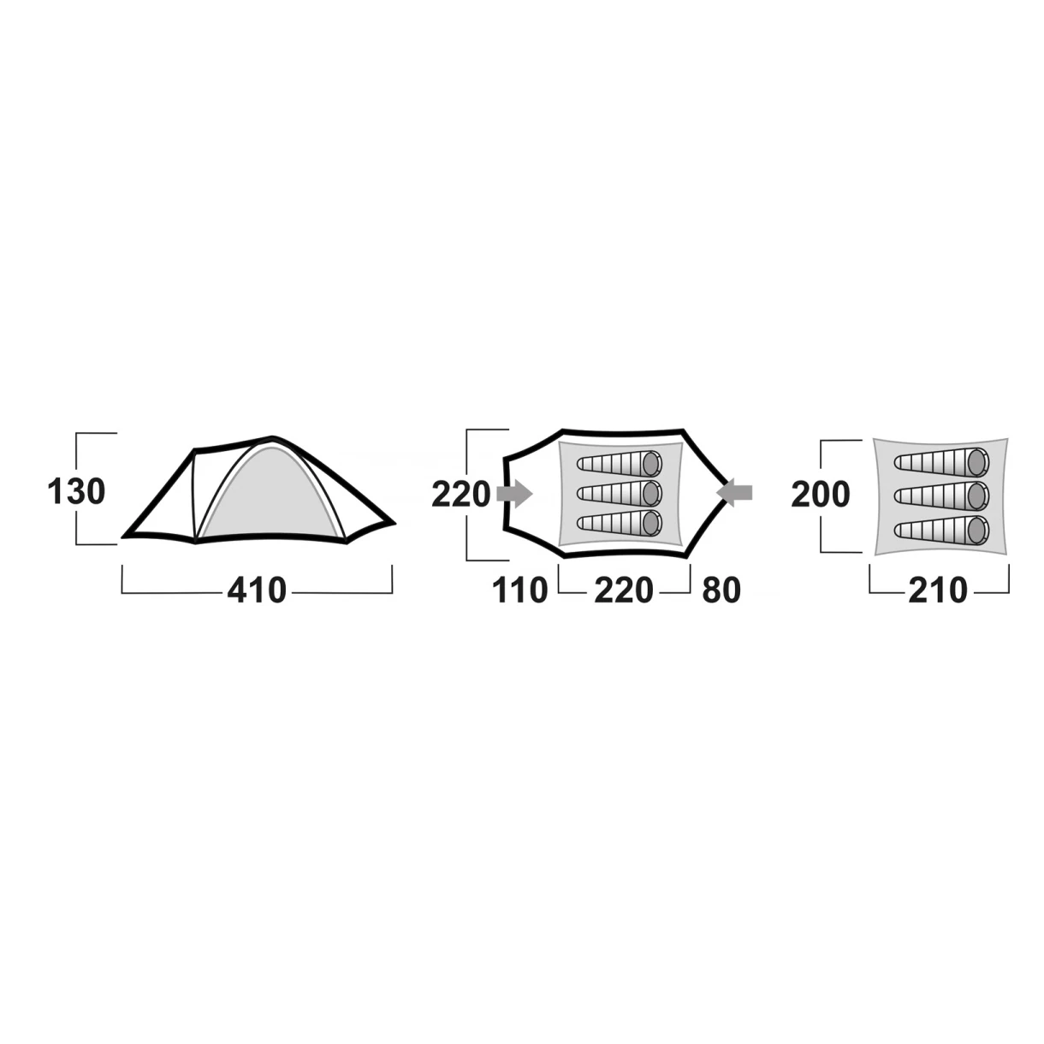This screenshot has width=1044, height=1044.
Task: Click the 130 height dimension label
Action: [76, 492]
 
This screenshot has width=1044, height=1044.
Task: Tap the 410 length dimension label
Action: [257, 590]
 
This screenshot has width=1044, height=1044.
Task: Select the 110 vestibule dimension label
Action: [519, 590]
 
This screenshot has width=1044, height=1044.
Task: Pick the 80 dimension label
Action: [721, 590]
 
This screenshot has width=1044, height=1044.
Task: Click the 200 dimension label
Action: [821, 494]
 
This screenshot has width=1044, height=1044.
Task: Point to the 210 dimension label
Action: [938, 590]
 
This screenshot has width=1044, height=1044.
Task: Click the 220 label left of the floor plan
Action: [461, 494]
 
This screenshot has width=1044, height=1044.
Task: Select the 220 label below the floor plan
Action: [624, 590]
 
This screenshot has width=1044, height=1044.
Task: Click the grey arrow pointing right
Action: [514, 493]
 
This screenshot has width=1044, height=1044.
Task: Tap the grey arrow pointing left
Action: [734, 492]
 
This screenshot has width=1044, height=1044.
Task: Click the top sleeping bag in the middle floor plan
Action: [620, 464]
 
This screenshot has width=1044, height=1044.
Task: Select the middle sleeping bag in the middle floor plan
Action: [620, 492]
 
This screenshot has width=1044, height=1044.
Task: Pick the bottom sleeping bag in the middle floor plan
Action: [620, 522]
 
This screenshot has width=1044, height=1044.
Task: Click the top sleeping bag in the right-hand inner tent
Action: [941, 462]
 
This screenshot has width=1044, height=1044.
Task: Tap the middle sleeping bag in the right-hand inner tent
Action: [941, 495]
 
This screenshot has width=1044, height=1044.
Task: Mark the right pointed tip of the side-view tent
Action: [394, 524]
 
